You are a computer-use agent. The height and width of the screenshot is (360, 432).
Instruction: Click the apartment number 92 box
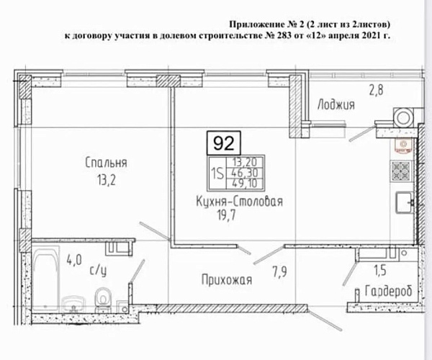pyautogui.click(x=224, y=143)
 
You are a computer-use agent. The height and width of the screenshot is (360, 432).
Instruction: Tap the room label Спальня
pyautogui.click(x=106, y=163)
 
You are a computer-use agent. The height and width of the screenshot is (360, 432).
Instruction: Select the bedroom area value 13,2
pyautogui.click(x=106, y=181)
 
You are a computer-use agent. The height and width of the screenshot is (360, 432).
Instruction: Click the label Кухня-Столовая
pyautogui.click(x=240, y=202)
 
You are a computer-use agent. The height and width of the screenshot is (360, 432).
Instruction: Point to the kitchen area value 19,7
pyautogui.click(x=227, y=216)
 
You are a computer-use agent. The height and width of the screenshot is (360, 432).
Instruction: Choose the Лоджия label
pyautogui.click(x=336, y=104)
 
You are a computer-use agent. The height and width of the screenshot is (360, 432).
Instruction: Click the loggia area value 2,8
pyautogui.click(x=376, y=90)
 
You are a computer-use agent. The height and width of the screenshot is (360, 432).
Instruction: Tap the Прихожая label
pyautogui.click(x=227, y=280)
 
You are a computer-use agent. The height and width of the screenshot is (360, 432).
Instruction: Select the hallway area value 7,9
pyautogui.click(x=279, y=272)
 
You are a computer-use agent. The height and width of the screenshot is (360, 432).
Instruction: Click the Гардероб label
pyautogui.click(x=389, y=291)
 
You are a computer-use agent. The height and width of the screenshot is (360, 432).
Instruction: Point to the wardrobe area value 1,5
pyautogui.click(x=380, y=271)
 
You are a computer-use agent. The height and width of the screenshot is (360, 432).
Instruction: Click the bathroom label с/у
pyautogui.click(x=99, y=271)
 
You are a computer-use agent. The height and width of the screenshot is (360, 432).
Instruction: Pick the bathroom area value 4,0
pyautogui.click(x=74, y=260)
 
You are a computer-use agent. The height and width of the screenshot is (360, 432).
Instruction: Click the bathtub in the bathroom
pyautogui.click(x=46, y=278)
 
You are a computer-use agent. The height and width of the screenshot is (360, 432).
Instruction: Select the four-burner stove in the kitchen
pyautogui.click(x=400, y=171)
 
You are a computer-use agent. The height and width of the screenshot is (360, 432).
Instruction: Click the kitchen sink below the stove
pyautogui.click(x=404, y=203)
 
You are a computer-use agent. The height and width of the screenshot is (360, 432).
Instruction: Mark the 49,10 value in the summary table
pyautogui.click(x=245, y=183)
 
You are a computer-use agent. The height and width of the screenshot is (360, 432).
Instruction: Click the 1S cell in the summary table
pyautogui.click(x=217, y=174)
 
